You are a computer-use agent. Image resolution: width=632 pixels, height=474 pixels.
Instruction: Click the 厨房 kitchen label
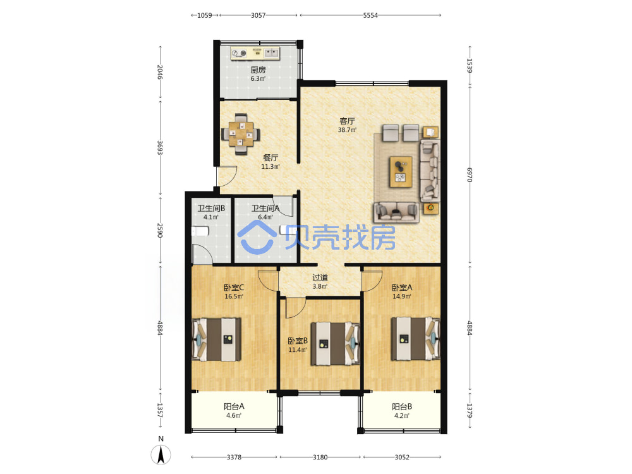[258, 70]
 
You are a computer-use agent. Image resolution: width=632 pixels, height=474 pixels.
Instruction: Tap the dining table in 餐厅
[241, 134]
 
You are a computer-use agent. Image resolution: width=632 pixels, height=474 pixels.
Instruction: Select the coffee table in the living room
[401, 172]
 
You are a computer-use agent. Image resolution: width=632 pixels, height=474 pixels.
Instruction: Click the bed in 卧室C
[217, 339]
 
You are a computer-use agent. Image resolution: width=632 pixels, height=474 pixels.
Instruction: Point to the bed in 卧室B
[336, 343]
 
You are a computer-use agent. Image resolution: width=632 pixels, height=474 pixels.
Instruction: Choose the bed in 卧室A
[416, 339]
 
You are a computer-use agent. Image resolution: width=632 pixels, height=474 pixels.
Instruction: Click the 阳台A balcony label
[234, 406]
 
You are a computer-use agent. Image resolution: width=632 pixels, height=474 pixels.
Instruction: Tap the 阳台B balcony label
[402, 406]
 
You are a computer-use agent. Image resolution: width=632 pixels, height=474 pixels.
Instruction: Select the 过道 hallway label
[320, 277]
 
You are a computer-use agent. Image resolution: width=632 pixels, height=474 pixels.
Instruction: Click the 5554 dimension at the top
[370, 15]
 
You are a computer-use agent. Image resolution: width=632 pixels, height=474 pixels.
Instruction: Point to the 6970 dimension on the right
[470, 175]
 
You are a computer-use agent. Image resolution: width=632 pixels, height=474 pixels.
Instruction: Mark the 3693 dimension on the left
[160, 148]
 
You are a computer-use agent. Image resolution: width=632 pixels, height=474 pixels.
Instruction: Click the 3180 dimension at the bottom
[320, 457]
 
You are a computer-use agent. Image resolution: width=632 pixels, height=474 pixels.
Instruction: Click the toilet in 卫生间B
[200, 231]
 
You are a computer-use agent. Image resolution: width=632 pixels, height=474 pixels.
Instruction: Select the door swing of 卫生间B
[203, 254]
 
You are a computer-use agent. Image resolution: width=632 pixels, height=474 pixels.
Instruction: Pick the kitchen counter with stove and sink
[255, 53]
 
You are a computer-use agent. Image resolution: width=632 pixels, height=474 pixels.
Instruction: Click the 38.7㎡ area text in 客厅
[347, 130]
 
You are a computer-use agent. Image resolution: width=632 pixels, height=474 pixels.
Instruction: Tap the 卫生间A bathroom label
[265, 208]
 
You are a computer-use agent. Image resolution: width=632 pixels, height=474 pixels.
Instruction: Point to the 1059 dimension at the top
[204, 15]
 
